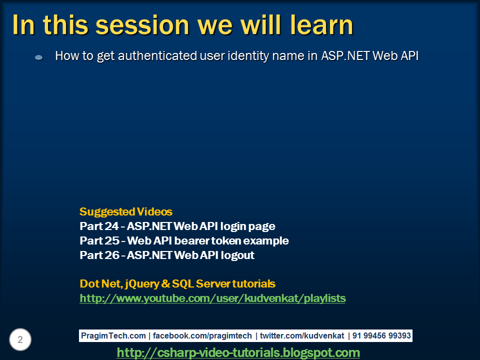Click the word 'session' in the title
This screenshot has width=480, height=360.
pos(142,25)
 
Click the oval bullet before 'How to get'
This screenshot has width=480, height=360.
pos(38,57)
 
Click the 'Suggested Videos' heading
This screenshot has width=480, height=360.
pos(126,212)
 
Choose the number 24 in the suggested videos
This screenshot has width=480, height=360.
pos(111,226)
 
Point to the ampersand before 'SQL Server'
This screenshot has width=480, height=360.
pos(165,284)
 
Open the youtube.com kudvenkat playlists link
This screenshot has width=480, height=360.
pos(212,298)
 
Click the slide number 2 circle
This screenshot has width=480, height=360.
pos(20,339)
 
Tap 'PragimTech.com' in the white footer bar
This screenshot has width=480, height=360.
pos(113,336)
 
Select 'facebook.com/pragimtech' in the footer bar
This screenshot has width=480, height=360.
pos(202,336)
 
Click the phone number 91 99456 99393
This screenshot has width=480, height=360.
pos(381,336)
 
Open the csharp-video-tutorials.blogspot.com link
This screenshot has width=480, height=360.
pos(238,352)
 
